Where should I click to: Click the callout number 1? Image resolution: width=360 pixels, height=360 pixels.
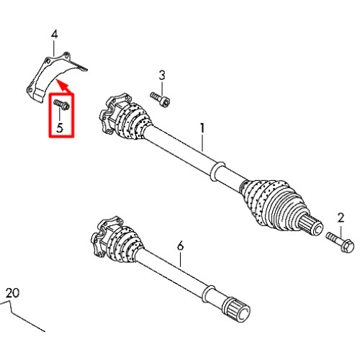(202, 128)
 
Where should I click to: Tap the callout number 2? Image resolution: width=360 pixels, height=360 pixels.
(341, 218)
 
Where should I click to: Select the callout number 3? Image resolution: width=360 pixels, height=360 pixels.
(162, 76)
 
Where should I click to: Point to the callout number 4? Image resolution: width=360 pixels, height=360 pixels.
(55, 35)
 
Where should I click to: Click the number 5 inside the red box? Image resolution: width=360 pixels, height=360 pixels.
(60, 127)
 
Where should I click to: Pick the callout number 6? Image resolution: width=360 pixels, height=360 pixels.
(180, 246)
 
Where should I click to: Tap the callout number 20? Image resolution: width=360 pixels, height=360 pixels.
(12, 293)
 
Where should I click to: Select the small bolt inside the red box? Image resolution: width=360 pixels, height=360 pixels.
(61, 105)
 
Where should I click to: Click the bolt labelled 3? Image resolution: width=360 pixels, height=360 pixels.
(160, 99)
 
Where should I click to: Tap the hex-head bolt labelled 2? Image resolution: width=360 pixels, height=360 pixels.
(340, 242)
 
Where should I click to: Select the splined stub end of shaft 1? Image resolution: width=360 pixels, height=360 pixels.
(312, 225)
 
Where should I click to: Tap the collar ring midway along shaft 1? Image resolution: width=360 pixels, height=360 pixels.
(217, 171)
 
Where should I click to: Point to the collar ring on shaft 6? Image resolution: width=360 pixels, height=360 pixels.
(208, 294)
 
